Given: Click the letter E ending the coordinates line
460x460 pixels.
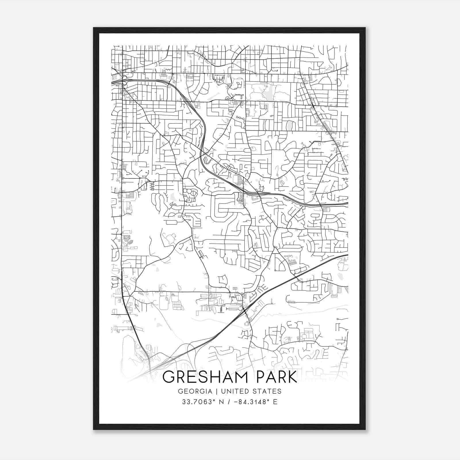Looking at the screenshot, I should pyautogui.click(x=275, y=402).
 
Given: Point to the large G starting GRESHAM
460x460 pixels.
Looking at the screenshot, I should pyautogui.click(x=169, y=377).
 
